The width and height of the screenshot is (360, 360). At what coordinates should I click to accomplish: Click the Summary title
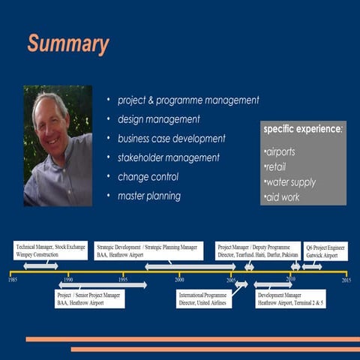click(x=68, y=43)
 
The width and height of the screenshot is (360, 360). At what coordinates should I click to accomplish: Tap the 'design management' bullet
click(x=158, y=119)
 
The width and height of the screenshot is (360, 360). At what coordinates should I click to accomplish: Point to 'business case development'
click(x=171, y=139)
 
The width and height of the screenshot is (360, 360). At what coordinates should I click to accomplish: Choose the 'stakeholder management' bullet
click(x=168, y=158)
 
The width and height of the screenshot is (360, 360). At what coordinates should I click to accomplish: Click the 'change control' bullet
click(x=148, y=177)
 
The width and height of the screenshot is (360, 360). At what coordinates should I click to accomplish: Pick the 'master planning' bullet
click(x=148, y=196)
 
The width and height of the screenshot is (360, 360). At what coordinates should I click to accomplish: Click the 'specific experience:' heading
click(x=303, y=130)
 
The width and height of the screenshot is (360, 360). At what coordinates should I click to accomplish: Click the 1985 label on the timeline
click(x=13, y=280)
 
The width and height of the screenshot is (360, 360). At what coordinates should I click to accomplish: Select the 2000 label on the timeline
click(x=180, y=280)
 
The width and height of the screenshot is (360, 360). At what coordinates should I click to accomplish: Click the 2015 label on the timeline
click(x=346, y=280)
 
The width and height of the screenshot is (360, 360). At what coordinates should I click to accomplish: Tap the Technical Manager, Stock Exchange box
click(x=51, y=250)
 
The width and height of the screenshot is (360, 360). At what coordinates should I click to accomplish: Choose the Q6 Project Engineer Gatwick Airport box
click(x=325, y=250)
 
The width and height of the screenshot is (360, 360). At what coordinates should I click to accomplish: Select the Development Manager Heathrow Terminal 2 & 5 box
click(x=290, y=299)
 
